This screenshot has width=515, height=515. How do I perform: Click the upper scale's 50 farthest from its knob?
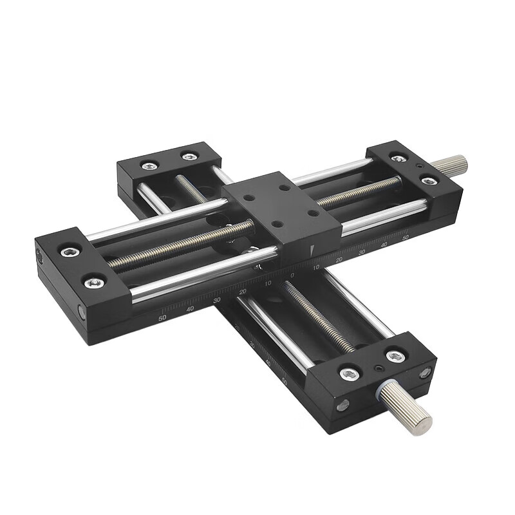[x=162, y=317]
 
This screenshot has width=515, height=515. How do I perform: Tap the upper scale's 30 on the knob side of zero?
[x=362, y=252]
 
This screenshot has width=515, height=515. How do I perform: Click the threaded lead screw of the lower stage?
[x=319, y=315]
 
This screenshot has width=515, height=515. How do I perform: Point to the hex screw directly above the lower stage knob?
[x=395, y=356]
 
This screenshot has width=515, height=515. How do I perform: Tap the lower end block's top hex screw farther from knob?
[x=350, y=373]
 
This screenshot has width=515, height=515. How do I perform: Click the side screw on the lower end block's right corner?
[x=425, y=372]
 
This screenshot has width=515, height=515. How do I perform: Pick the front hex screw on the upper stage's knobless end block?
[x=94, y=282]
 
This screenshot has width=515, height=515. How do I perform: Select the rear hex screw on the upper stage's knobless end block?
[x=69, y=251]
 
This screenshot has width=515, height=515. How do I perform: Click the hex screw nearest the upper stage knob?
[x=429, y=181]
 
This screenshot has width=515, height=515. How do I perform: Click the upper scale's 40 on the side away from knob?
[x=189, y=309]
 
